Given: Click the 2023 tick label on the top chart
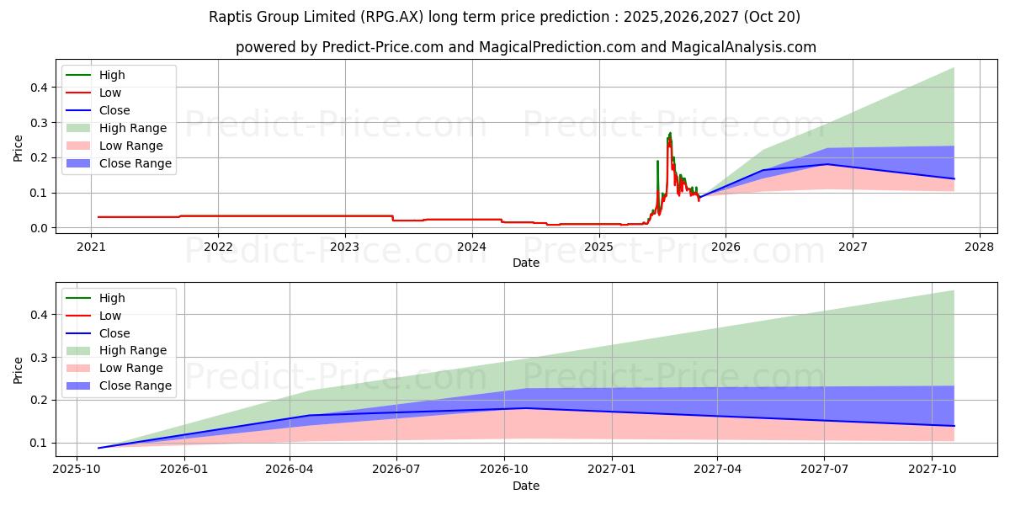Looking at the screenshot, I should (x=344, y=247).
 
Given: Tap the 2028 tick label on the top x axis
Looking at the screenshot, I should (x=980, y=247).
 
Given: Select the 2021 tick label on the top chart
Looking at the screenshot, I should (x=91, y=247).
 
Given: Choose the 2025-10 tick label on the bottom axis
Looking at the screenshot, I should (x=77, y=470).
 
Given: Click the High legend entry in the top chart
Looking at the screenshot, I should (x=112, y=75).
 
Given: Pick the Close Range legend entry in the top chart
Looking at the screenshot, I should (x=135, y=163).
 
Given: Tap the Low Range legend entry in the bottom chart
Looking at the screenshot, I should (x=130, y=368).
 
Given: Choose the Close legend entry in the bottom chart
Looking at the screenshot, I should (x=114, y=333).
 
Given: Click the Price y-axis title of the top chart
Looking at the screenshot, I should (x=19, y=147).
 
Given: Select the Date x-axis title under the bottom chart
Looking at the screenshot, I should (x=526, y=486).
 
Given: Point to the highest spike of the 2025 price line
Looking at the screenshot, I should (x=670, y=133).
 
